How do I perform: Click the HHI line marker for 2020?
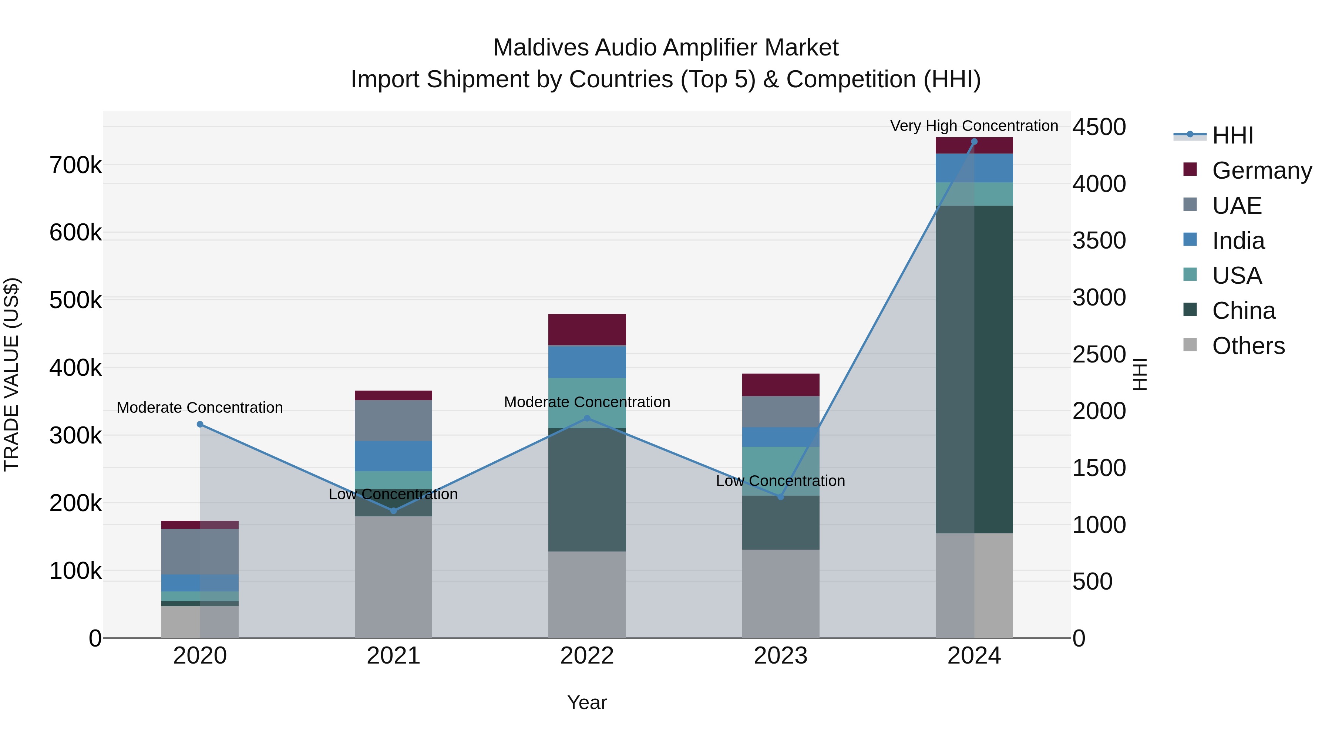click(x=200, y=424)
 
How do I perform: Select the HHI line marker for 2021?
click(x=394, y=511)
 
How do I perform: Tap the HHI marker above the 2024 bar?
click(x=974, y=142)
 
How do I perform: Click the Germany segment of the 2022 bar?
click(x=587, y=329)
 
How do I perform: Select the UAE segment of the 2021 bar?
click(x=394, y=420)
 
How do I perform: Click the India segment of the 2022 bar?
click(x=587, y=361)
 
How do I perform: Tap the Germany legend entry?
click(x=1262, y=171)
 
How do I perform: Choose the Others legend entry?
click(x=1248, y=346)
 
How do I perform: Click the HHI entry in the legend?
click(x=1232, y=135)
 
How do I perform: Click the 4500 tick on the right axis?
click(x=1099, y=127)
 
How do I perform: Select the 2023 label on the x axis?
click(x=780, y=656)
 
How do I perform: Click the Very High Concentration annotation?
click(x=974, y=126)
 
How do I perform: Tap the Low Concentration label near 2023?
click(x=780, y=481)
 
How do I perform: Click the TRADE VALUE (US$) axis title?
click(x=11, y=374)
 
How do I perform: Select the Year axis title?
click(x=587, y=702)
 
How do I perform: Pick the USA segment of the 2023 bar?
click(x=781, y=471)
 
